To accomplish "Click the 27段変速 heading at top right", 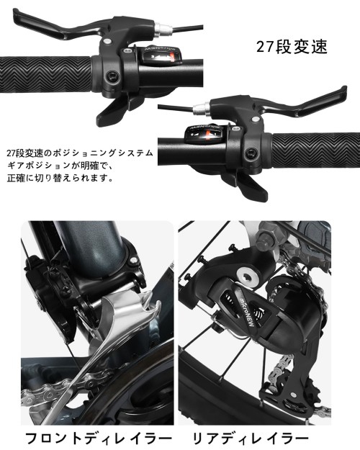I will click(292, 48).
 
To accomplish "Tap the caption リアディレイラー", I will click(250, 437).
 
